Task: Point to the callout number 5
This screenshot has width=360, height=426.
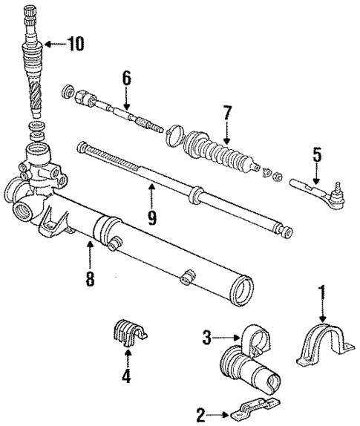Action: pos(316,155)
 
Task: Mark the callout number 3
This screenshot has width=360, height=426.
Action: pos(207,338)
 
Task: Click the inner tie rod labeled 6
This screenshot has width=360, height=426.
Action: pos(122,110)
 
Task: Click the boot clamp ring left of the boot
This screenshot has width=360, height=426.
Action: pos(174,133)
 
